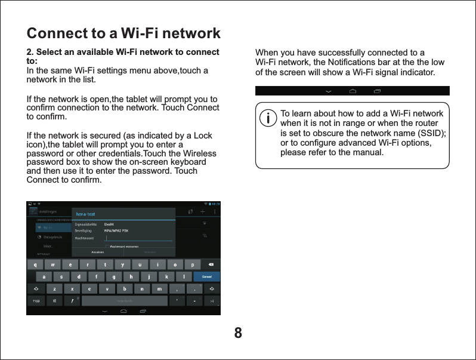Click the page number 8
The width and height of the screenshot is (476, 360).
(238, 333)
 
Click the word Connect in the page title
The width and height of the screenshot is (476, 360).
(58, 32)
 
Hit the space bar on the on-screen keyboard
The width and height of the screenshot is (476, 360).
(124, 300)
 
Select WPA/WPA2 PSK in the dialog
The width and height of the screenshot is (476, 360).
(116, 230)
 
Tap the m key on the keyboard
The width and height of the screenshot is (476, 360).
(159, 288)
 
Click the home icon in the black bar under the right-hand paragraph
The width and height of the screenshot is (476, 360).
(353, 91)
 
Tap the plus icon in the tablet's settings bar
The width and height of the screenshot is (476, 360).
(203, 211)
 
